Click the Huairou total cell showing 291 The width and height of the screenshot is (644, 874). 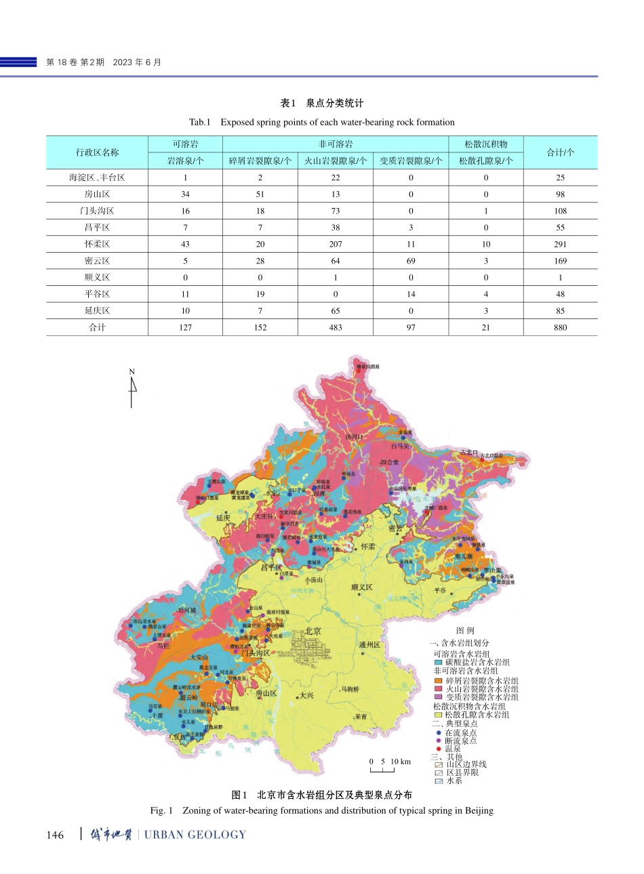click(x=560, y=244)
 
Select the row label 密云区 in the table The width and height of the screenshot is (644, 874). click(x=97, y=261)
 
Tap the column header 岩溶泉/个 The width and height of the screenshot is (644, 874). click(x=185, y=161)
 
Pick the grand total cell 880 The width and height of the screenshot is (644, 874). click(x=560, y=327)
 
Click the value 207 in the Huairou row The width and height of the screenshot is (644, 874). click(x=335, y=244)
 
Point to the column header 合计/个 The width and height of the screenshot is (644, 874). click(x=560, y=152)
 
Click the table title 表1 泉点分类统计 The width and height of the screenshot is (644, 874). click(x=321, y=103)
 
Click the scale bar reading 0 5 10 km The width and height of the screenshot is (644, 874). click(x=389, y=765)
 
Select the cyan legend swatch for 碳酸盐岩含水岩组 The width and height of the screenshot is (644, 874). click(x=439, y=663)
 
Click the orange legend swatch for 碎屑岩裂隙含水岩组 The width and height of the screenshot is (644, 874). click(x=439, y=681)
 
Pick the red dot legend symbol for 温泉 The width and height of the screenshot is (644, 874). click(x=439, y=749)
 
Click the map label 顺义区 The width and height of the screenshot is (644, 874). click(x=362, y=587)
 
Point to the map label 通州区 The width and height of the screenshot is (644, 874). click(x=369, y=645)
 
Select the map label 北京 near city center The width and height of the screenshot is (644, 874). click(x=313, y=631)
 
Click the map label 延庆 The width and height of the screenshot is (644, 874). click(x=223, y=518)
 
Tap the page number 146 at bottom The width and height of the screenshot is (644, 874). click(x=55, y=835)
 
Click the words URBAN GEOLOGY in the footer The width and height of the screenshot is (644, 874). click(x=195, y=835)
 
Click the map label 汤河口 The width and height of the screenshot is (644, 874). click(x=355, y=437)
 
